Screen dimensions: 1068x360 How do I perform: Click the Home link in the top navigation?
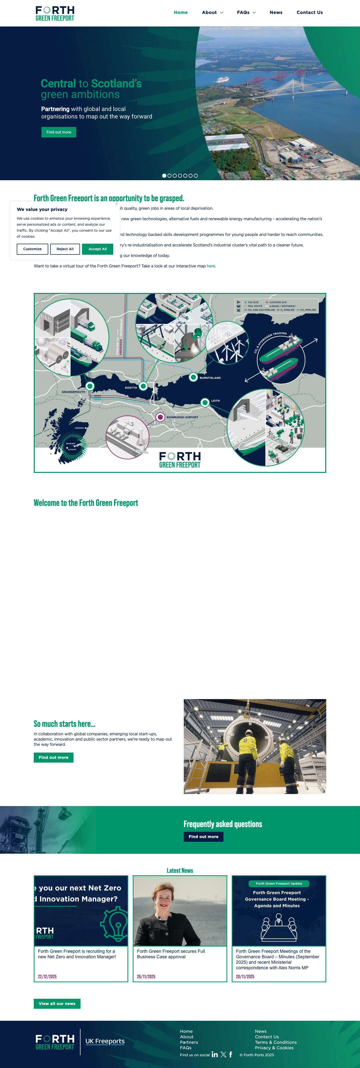click(x=180, y=12)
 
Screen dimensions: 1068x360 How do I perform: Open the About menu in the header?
click(x=212, y=12)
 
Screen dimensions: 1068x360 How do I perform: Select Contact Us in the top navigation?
click(x=309, y=12)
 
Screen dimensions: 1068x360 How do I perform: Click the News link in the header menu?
click(x=276, y=12)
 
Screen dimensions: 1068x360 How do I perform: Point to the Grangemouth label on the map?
click(x=73, y=392)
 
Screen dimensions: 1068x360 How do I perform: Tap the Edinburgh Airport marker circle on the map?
click(x=160, y=417)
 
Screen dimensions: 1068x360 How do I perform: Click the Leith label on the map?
click(x=215, y=401)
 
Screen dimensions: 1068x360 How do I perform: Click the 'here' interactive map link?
click(x=211, y=266)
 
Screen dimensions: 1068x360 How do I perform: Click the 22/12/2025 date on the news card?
click(x=47, y=976)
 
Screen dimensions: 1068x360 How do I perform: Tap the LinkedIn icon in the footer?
click(x=214, y=1054)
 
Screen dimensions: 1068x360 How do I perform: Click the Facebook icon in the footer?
click(x=230, y=1054)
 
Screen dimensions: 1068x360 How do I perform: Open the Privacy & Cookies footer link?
click(x=274, y=1048)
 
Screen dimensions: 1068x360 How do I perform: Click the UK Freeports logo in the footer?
click(x=105, y=1041)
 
